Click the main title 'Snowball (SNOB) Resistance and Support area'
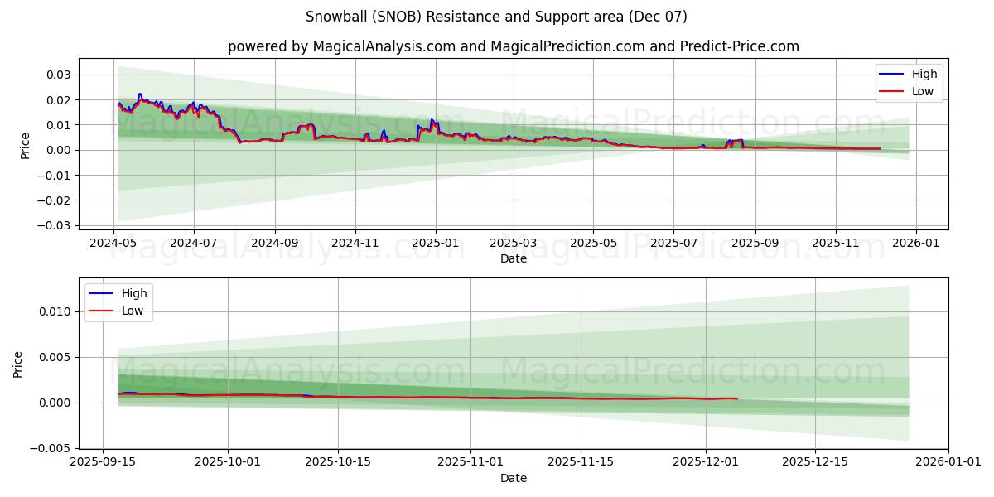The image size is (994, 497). click(496, 17)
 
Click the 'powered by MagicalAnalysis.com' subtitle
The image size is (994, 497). click(513, 46)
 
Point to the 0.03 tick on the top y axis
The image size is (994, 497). click(58, 75)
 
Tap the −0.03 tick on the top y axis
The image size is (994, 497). click(55, 225)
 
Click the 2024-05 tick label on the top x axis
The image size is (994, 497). click(113, 244)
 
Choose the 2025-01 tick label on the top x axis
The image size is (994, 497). click(435, 244)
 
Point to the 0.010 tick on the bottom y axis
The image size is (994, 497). click(55, 311)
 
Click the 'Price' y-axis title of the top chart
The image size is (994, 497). click(25, 146)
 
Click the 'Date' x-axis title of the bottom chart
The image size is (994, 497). click(513, 478)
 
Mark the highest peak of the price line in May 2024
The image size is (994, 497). click(140, 94)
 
